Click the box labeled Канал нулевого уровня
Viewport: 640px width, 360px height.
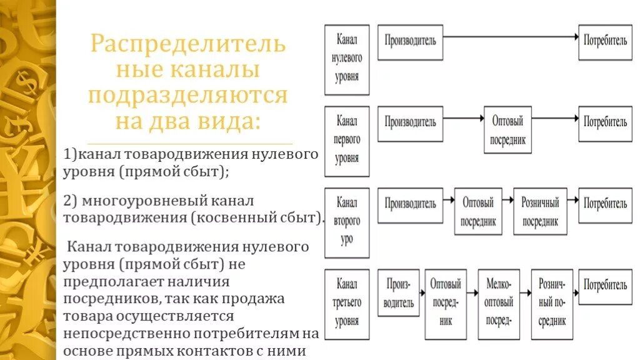click(x=347, y=59)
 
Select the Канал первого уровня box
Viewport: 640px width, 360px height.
click(x=347, y=140)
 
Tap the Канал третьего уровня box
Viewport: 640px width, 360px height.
click(x=347, y=303)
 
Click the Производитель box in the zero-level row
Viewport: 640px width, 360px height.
click(x=410, y=42)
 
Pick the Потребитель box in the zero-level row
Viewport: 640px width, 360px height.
click(x=605, y=42)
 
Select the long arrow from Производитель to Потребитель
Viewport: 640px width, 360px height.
click(x=510, y=37)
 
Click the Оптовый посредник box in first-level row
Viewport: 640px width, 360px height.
click(x=507, y=132)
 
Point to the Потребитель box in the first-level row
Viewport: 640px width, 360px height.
click(x=605, y=122)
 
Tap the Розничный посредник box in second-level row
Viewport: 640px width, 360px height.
click(x=540, y=211)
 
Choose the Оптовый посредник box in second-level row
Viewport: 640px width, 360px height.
click(x=478, y=211)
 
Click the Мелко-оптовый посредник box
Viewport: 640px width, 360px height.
click(x=498, y=304)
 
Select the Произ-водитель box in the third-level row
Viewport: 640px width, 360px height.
click(x=399, y=294)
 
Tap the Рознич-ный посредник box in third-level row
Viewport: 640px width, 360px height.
click(x=551, y=304)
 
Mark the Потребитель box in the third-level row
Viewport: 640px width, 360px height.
click(x=605, y=286)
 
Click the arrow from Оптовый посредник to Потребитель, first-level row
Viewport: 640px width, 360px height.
click(x=554, y=117)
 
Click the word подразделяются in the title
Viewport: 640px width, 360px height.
click(x=187, y=96)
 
